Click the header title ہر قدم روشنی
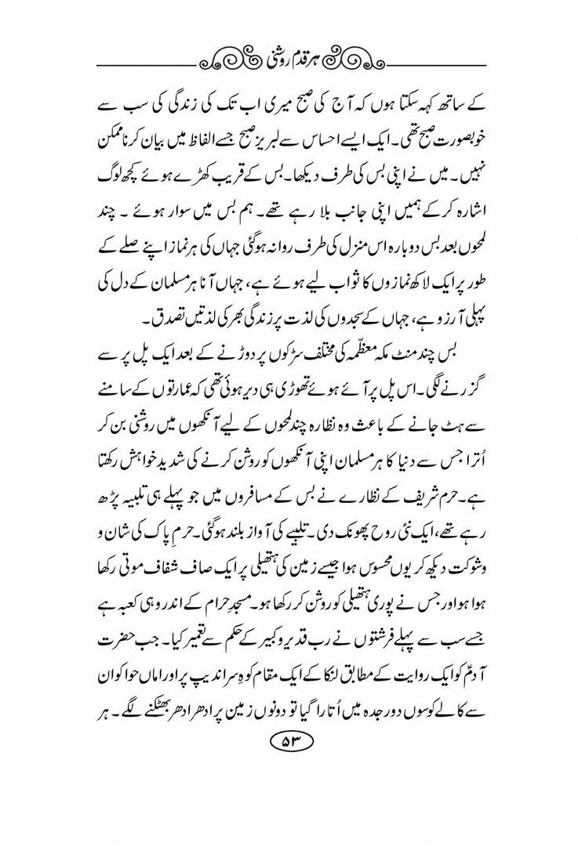point(289,57)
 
